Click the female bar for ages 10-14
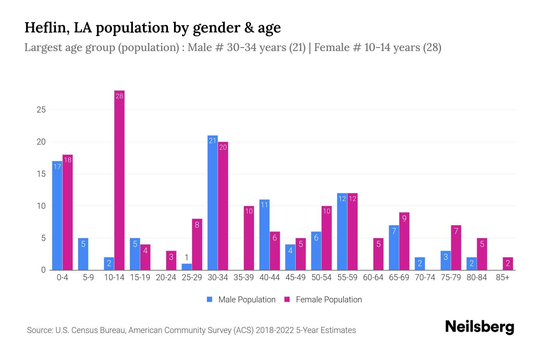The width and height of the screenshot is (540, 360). [119, 180]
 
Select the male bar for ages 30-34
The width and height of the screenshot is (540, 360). [212, 203]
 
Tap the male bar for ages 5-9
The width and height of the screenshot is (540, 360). [83, 254]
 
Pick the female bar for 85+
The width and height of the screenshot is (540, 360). [508, 264]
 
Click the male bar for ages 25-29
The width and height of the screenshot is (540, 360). [187, 267]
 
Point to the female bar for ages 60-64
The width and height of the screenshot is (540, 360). [378, 254]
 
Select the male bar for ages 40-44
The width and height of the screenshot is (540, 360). [264, 235]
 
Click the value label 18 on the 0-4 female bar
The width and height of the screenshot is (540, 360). [68, 160]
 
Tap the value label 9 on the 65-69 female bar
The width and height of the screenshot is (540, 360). [404, 218]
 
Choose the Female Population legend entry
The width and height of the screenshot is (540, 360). [323, 299]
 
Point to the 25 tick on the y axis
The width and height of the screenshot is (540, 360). [41, 110]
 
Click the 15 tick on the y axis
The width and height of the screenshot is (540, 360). [41, 174]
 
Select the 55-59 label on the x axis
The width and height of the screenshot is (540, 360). [347, 277]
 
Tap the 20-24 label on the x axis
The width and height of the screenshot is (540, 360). [166, 277]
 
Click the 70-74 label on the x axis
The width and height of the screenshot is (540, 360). [425, 277]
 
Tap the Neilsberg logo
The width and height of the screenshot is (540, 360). [479, 327]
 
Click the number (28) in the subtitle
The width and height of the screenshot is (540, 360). [432, 47]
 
